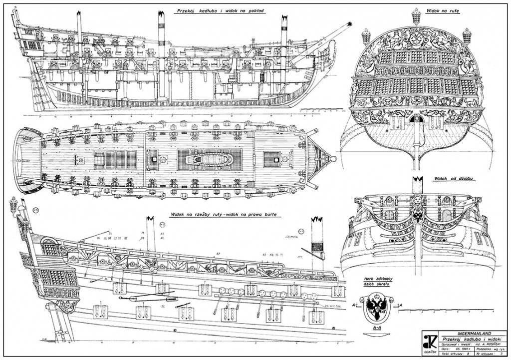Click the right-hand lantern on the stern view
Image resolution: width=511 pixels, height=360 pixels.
467,36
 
